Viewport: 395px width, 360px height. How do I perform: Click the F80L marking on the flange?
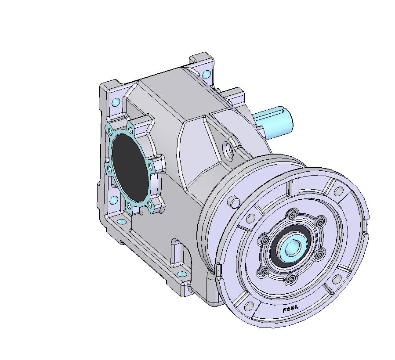(x=290, y=309)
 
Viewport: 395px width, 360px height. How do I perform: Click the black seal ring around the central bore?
(x=281, y=255)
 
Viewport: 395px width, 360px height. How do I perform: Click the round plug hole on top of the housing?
(x=228, y=150)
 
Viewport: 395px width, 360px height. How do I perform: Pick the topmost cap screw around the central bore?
(x=292, y=215)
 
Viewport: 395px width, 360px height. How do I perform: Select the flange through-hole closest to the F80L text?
(x=249, y=305)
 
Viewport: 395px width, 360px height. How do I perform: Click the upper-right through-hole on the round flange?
(x=339, y=191)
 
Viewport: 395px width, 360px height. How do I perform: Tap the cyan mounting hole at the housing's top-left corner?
(x=116, y=103)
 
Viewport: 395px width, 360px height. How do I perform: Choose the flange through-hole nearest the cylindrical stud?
(x=251, y=218)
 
